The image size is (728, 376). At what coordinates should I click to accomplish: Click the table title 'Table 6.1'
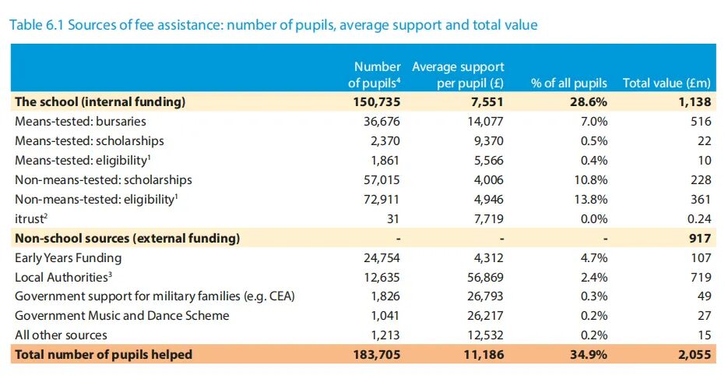coord(37,25)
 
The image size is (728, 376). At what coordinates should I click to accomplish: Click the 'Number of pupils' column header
coord(375,75)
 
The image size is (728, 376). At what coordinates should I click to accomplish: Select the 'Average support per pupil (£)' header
coord(458,75)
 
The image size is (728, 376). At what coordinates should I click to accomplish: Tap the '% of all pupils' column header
coord(568,83)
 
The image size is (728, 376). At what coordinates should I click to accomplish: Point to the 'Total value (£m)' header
coord(666,83)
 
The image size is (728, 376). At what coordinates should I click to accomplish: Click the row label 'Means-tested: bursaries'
coord(80,122)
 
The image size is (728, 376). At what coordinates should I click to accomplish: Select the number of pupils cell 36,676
coord(382,122)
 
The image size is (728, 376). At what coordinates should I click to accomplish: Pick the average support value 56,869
coord(485,278)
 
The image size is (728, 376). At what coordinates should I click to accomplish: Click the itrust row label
coord(31,218)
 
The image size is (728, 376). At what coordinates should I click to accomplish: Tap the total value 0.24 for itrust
coord(698,218)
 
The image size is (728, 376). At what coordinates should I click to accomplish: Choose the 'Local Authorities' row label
coord(63,278)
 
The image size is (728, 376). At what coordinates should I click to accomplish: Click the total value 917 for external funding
coord(700,238)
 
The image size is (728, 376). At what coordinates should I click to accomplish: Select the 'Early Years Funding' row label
coord(69,257)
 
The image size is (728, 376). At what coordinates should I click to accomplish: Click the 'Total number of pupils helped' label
coord(104,355)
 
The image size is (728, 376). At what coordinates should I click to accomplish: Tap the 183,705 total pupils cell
coord(377,355)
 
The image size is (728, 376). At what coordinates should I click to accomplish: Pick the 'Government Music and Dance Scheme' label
coord(122,315)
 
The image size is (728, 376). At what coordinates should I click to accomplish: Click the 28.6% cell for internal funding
coord(589,102)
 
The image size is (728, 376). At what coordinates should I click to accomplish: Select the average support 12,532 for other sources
coord(485,335)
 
